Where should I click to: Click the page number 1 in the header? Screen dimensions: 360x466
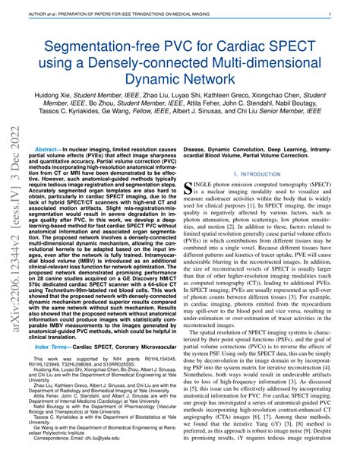[349, 14]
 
